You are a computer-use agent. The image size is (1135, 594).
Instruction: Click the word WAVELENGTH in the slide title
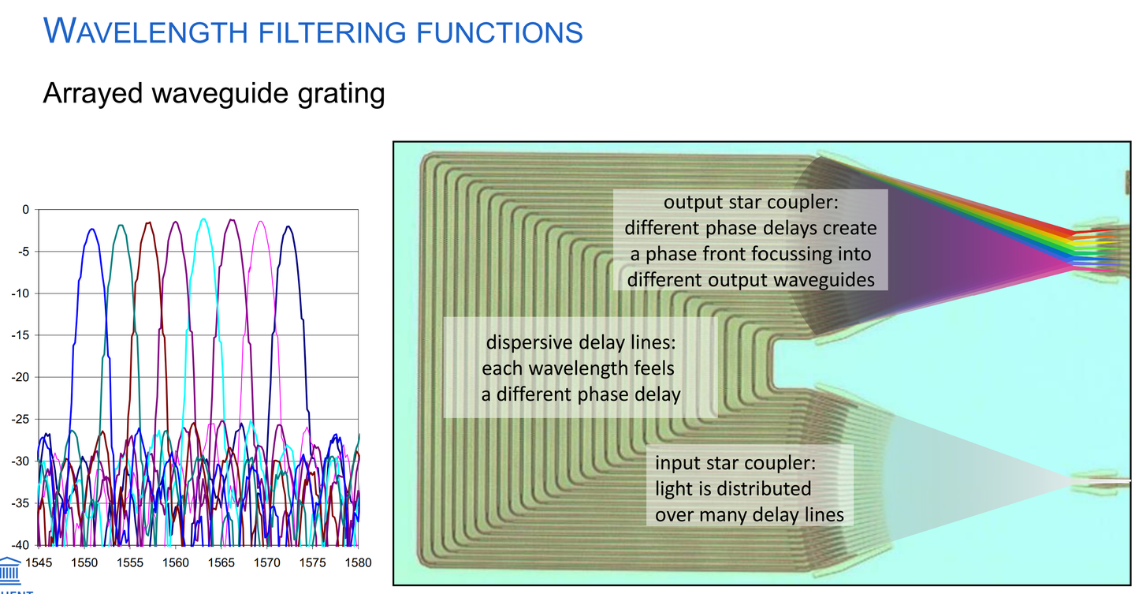[145, 32]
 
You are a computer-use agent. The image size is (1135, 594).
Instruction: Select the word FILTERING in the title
[333, 32]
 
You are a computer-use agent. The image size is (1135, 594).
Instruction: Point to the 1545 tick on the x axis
[39, 562]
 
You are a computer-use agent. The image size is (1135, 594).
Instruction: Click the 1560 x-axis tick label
[175, 562]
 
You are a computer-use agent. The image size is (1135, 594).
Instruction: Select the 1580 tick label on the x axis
[358, 562]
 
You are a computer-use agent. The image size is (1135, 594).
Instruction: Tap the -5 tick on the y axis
[24, 252]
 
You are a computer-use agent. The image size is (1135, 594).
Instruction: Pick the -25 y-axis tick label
[20, 420]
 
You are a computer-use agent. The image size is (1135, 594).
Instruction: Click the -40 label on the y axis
[20, 545]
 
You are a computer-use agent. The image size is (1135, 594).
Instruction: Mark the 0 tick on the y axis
[26, 210]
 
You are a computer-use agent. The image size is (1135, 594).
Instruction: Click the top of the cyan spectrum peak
[203, 219]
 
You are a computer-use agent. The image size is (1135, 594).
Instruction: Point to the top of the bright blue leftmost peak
[92, 230]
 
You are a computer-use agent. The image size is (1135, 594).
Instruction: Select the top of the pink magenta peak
[260, 222]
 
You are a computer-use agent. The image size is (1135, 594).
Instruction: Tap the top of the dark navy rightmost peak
[288, 226]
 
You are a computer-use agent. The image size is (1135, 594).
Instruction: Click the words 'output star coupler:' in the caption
[751, 203]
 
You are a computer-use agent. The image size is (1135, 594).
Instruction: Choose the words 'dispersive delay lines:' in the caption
[581, 342]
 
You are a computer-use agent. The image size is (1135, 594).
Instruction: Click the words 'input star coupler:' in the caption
[735, 463]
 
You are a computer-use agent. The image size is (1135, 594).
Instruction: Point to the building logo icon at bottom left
[9, 570]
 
